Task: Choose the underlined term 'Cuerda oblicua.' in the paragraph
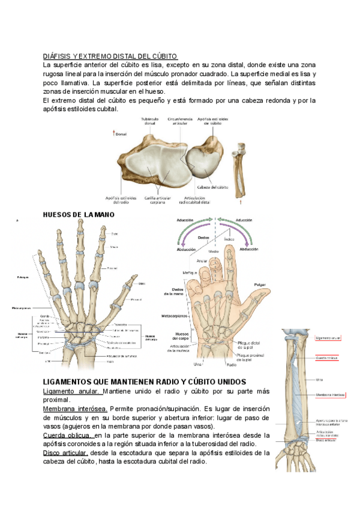[67, 435]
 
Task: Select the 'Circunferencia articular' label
[180, 122]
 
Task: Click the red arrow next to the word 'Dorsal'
[114, 133]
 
